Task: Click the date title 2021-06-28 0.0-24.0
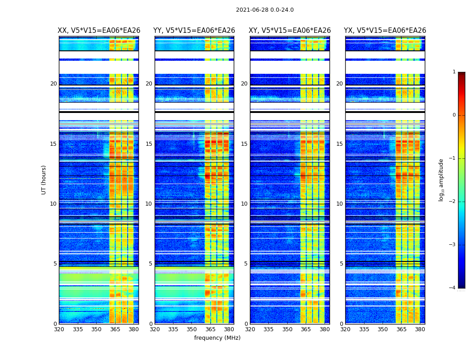265,10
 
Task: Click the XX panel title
99,31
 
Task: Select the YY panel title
194,31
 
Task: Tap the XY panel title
289,31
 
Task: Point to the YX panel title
385,31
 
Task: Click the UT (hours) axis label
44,180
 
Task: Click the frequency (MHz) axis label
217,338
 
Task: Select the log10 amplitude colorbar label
441,180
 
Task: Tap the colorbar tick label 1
454,72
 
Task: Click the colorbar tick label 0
454,115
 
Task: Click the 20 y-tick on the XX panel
53,84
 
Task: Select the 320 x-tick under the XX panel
59,329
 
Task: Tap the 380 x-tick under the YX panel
420,329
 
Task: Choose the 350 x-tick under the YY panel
192,329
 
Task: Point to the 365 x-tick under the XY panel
306,329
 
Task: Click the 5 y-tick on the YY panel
150,264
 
